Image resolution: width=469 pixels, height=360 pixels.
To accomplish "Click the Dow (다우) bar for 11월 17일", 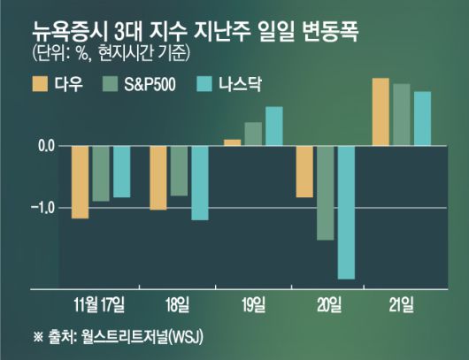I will tap(80, 181).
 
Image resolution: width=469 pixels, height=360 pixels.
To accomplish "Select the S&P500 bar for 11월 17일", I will tap(100, 173).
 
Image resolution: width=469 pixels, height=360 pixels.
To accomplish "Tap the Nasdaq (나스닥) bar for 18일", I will tap(199, 182).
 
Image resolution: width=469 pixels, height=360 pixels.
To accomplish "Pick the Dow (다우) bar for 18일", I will tap(158, 178).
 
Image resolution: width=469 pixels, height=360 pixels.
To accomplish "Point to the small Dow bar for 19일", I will tap(232, 142).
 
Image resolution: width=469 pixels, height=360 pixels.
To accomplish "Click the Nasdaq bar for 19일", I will tap(273, 126).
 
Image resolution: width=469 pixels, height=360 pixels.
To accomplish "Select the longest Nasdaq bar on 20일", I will tap(345, 212).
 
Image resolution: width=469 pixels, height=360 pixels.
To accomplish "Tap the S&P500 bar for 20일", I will tap(325, 193).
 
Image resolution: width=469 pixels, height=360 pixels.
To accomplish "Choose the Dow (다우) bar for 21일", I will tap(381, 111).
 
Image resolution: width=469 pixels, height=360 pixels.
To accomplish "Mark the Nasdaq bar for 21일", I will tap(422, 118).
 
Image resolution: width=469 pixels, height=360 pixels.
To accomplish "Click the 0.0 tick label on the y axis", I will tap(44, 145).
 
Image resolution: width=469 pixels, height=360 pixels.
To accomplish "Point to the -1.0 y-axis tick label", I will tap(42, 208).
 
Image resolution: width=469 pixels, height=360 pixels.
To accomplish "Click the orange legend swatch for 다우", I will tap(40, 85).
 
